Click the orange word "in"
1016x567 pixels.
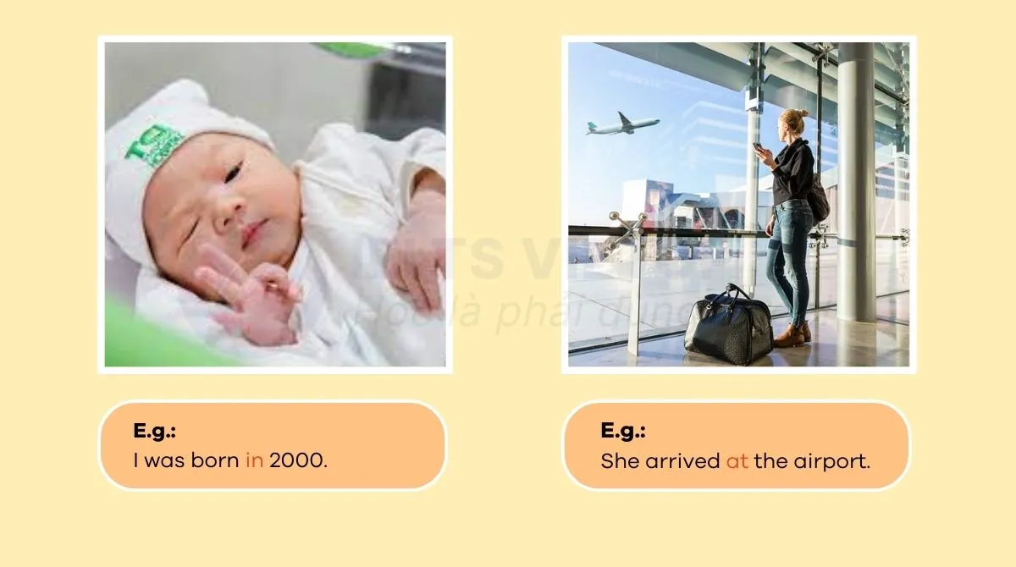click(254, 461)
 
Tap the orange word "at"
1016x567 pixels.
click(737, 462)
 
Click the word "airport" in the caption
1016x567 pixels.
click(837, 462)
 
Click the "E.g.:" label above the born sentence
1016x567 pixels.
click(154, 431)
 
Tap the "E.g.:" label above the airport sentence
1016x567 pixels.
click(623, 431)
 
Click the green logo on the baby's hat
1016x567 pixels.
click(154, 143)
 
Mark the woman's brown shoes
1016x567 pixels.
click(792, 336)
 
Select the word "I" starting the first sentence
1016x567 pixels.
click(136, 461)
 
